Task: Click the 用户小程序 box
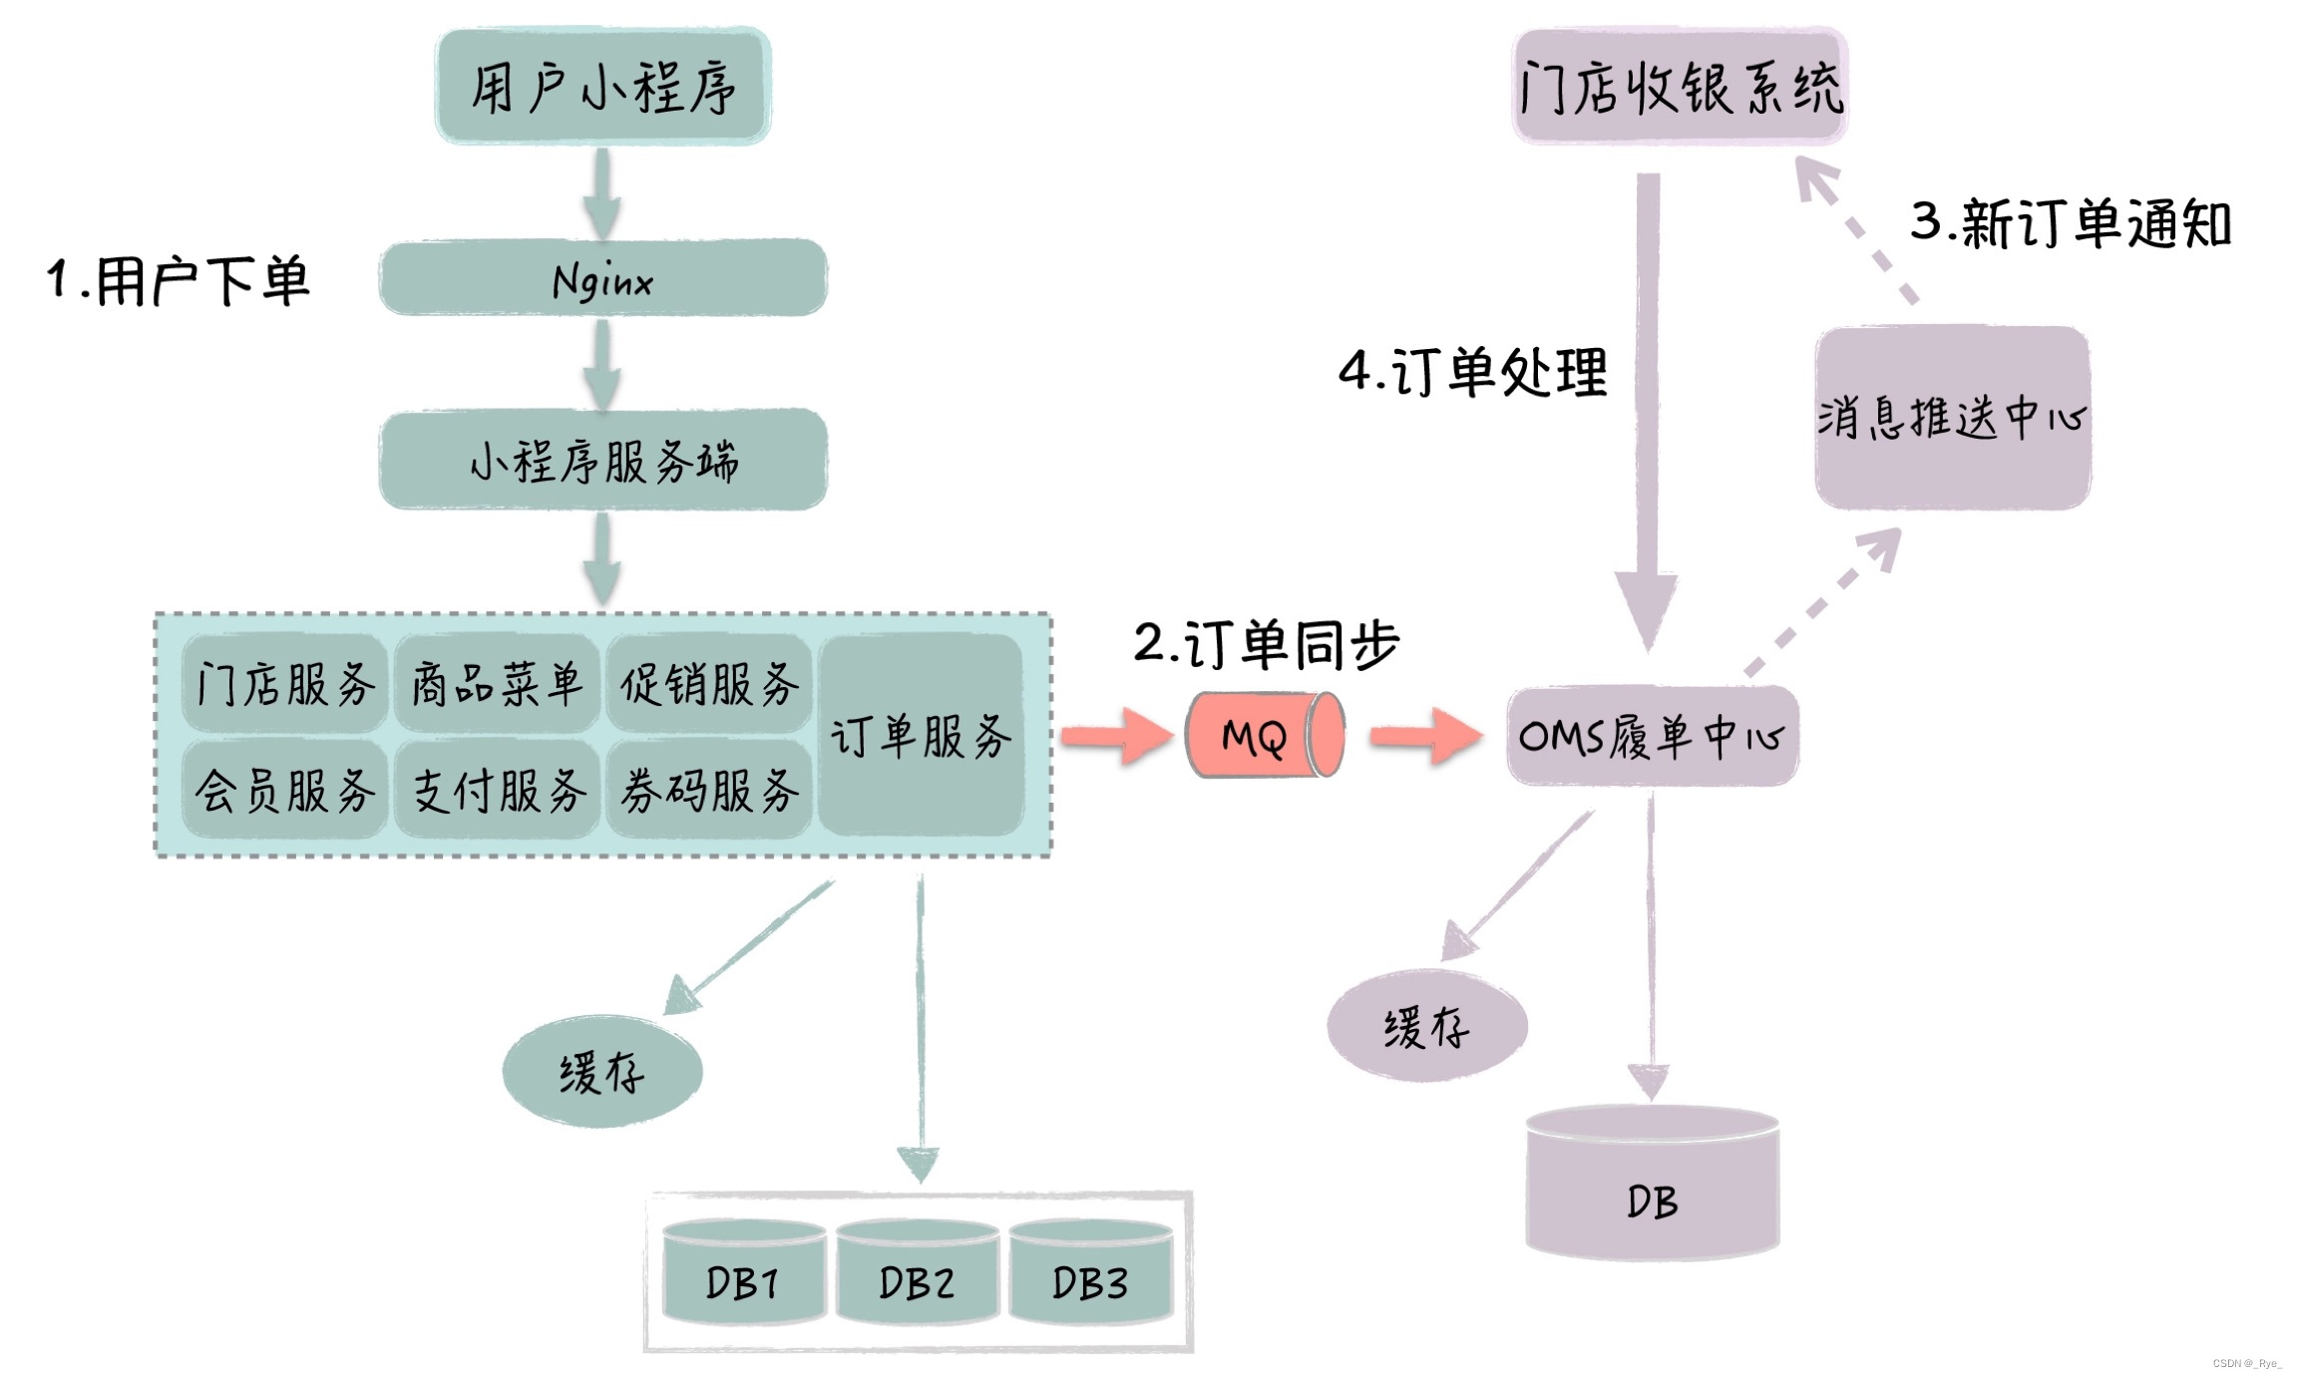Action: pos(602,87)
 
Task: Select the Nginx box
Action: pos(602,278)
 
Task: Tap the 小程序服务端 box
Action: pos(602,461)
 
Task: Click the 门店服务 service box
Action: pos(285,684)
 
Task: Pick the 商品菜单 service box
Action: pos(497,684)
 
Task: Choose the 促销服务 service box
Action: pos(709,684)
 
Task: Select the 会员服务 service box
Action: pos(285,790)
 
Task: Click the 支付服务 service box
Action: pos(497,790)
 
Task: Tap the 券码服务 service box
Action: pos(709,790)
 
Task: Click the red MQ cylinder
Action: pos(1263,736)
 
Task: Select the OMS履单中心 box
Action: pos(1652,736)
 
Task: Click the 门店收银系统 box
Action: pos(1680,87)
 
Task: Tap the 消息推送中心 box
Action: pos(1952,417)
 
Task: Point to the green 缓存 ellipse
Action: pos(602,1072)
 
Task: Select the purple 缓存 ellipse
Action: pos(1426,1026)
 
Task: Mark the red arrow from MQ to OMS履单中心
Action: pos(1424,736)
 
